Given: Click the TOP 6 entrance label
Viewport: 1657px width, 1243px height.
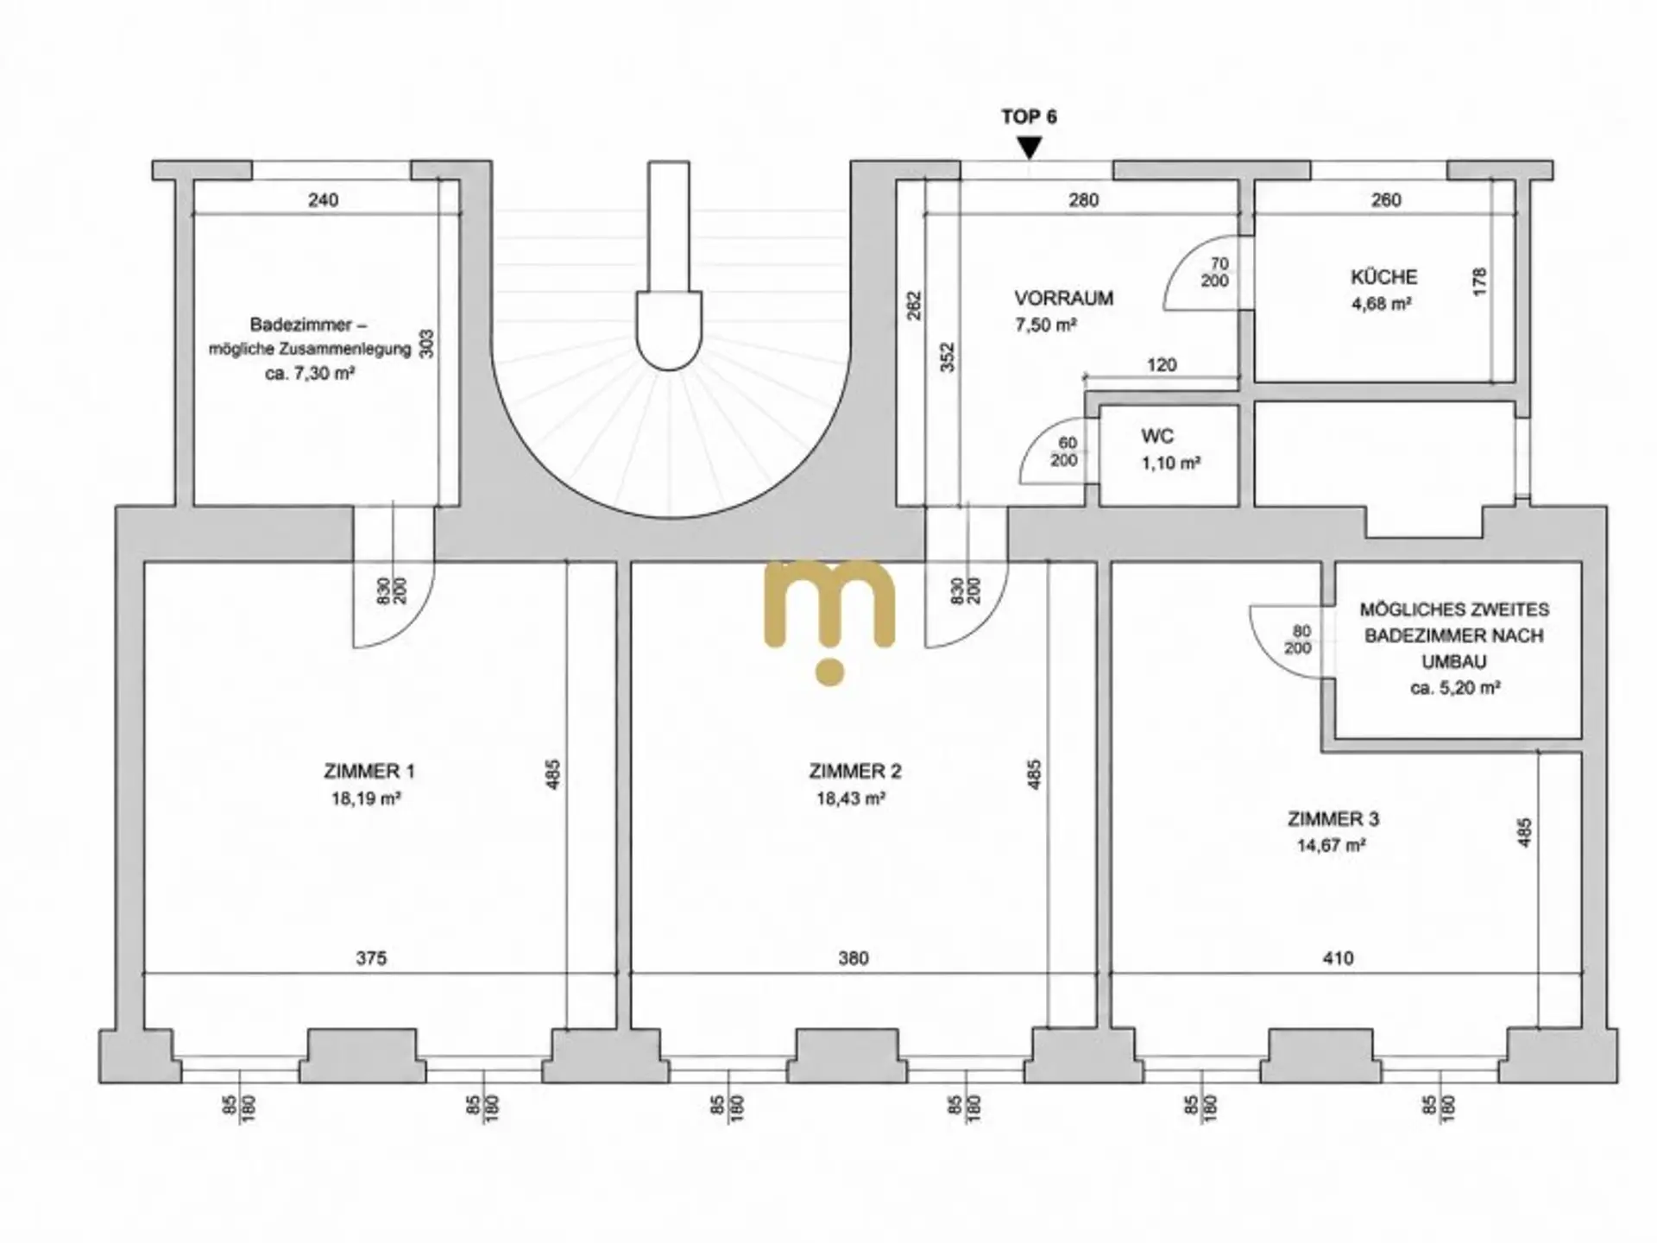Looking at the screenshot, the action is (1029, 117).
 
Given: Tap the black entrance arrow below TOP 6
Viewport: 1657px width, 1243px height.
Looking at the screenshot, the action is (1029, 148).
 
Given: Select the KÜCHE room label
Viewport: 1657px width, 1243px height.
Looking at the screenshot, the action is (1383, 277).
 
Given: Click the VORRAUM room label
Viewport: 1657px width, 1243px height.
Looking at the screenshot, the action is (1063, 299).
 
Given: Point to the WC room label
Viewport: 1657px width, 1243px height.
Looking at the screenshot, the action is (1156, 437).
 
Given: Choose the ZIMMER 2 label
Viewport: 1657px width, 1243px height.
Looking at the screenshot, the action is (854, 772).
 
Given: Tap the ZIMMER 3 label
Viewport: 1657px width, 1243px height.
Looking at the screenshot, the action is (1333, 819).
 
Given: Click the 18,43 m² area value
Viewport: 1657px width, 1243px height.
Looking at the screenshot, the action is (851, 799).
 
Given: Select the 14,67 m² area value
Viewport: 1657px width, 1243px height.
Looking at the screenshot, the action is (1331, 846).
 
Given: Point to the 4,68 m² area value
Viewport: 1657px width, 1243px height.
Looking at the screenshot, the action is (1382, 304).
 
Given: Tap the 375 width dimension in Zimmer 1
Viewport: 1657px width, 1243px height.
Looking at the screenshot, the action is (371, 958).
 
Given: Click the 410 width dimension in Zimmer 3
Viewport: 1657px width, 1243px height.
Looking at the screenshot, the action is (1338, 958).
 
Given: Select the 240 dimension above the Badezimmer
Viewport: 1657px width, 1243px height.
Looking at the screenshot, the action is (323, 200).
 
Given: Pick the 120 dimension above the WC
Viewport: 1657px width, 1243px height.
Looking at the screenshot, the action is (1162, 365).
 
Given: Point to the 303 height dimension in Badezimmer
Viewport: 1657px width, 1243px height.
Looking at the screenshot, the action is (426, 344).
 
